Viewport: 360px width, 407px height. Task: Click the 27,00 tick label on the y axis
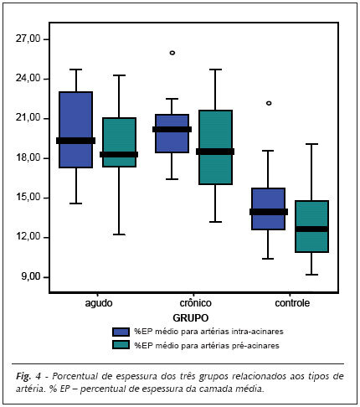point(28,39)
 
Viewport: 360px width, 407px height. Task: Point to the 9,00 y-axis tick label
point(30,276)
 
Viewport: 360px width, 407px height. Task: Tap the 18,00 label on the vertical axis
point(28,157)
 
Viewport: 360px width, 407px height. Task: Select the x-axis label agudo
point(99,303)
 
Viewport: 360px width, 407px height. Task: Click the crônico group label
point(195,303)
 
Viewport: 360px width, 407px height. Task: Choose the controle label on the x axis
point(292,303)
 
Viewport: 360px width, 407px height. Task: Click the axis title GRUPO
point(191,317)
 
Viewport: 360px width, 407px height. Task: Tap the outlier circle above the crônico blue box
point(172,53)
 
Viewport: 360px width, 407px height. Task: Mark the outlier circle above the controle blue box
point(269,103)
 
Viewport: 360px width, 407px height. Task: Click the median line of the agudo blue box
point(76,141)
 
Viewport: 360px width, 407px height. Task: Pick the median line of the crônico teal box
point(215,152)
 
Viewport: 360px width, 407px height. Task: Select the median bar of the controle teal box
point(311,229)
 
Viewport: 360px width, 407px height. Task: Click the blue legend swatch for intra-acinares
point(121,332)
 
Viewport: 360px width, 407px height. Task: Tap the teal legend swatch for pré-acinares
point(121,345)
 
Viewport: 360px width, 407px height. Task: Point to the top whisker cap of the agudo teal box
point(119,75)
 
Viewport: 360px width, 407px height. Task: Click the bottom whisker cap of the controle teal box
point(311,275)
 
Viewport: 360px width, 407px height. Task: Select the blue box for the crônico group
point(172,133)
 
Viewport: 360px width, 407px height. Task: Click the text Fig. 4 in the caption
point(28,377)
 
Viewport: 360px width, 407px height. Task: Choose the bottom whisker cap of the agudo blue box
point(76,203)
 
